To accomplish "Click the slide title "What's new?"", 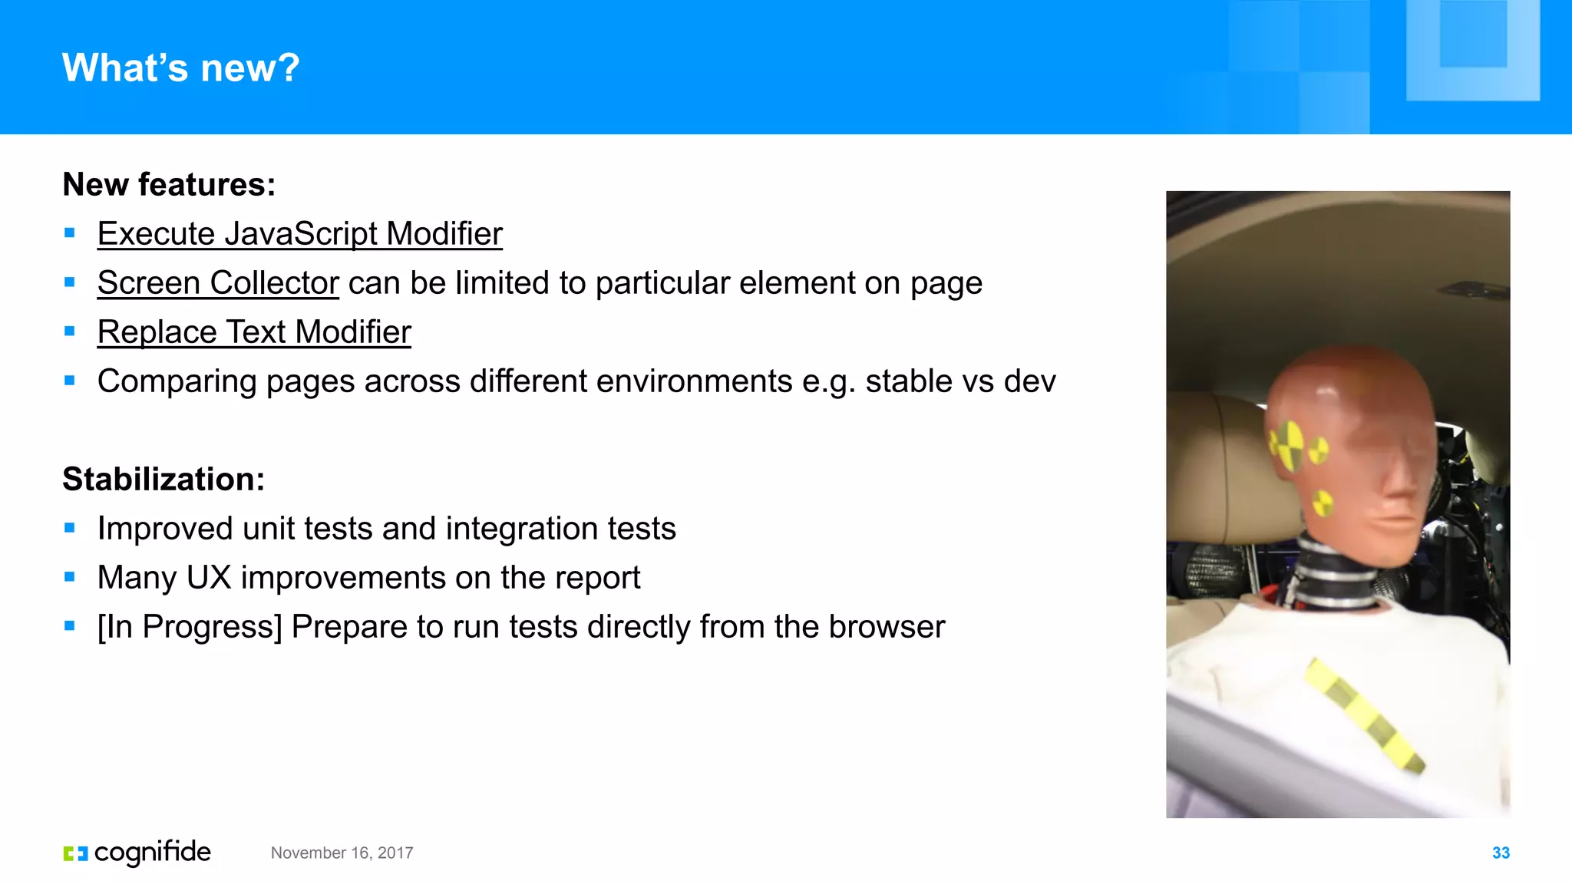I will pyautogui.click(x=180, y=68).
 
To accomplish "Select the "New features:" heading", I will pyautogui.click(x=169, y=185).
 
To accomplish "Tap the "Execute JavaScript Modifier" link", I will pyautogui.click(x=299, y=234).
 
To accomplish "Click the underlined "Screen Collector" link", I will pyautogui.click(x=218, y=283).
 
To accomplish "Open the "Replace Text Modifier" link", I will pyautogui.click(x=254, y=332).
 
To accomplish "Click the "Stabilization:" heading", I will pyautogui.click(x=163, y=480).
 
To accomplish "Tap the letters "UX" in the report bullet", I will pyautogui.click(x=208, y=578).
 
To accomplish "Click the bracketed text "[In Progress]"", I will pyautogui.click(x=190, y=627).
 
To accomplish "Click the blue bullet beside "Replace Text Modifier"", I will pyautogui.click(x=70, y=331).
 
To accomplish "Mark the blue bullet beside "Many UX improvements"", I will pyautogui.click(x=70, y=577).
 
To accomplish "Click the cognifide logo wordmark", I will pyautogui.click(x=152, y=853).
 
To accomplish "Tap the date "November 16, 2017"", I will pyautogui.click(x=342, y=853).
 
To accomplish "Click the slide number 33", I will pyautogui.click(x=1501, y=853).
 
